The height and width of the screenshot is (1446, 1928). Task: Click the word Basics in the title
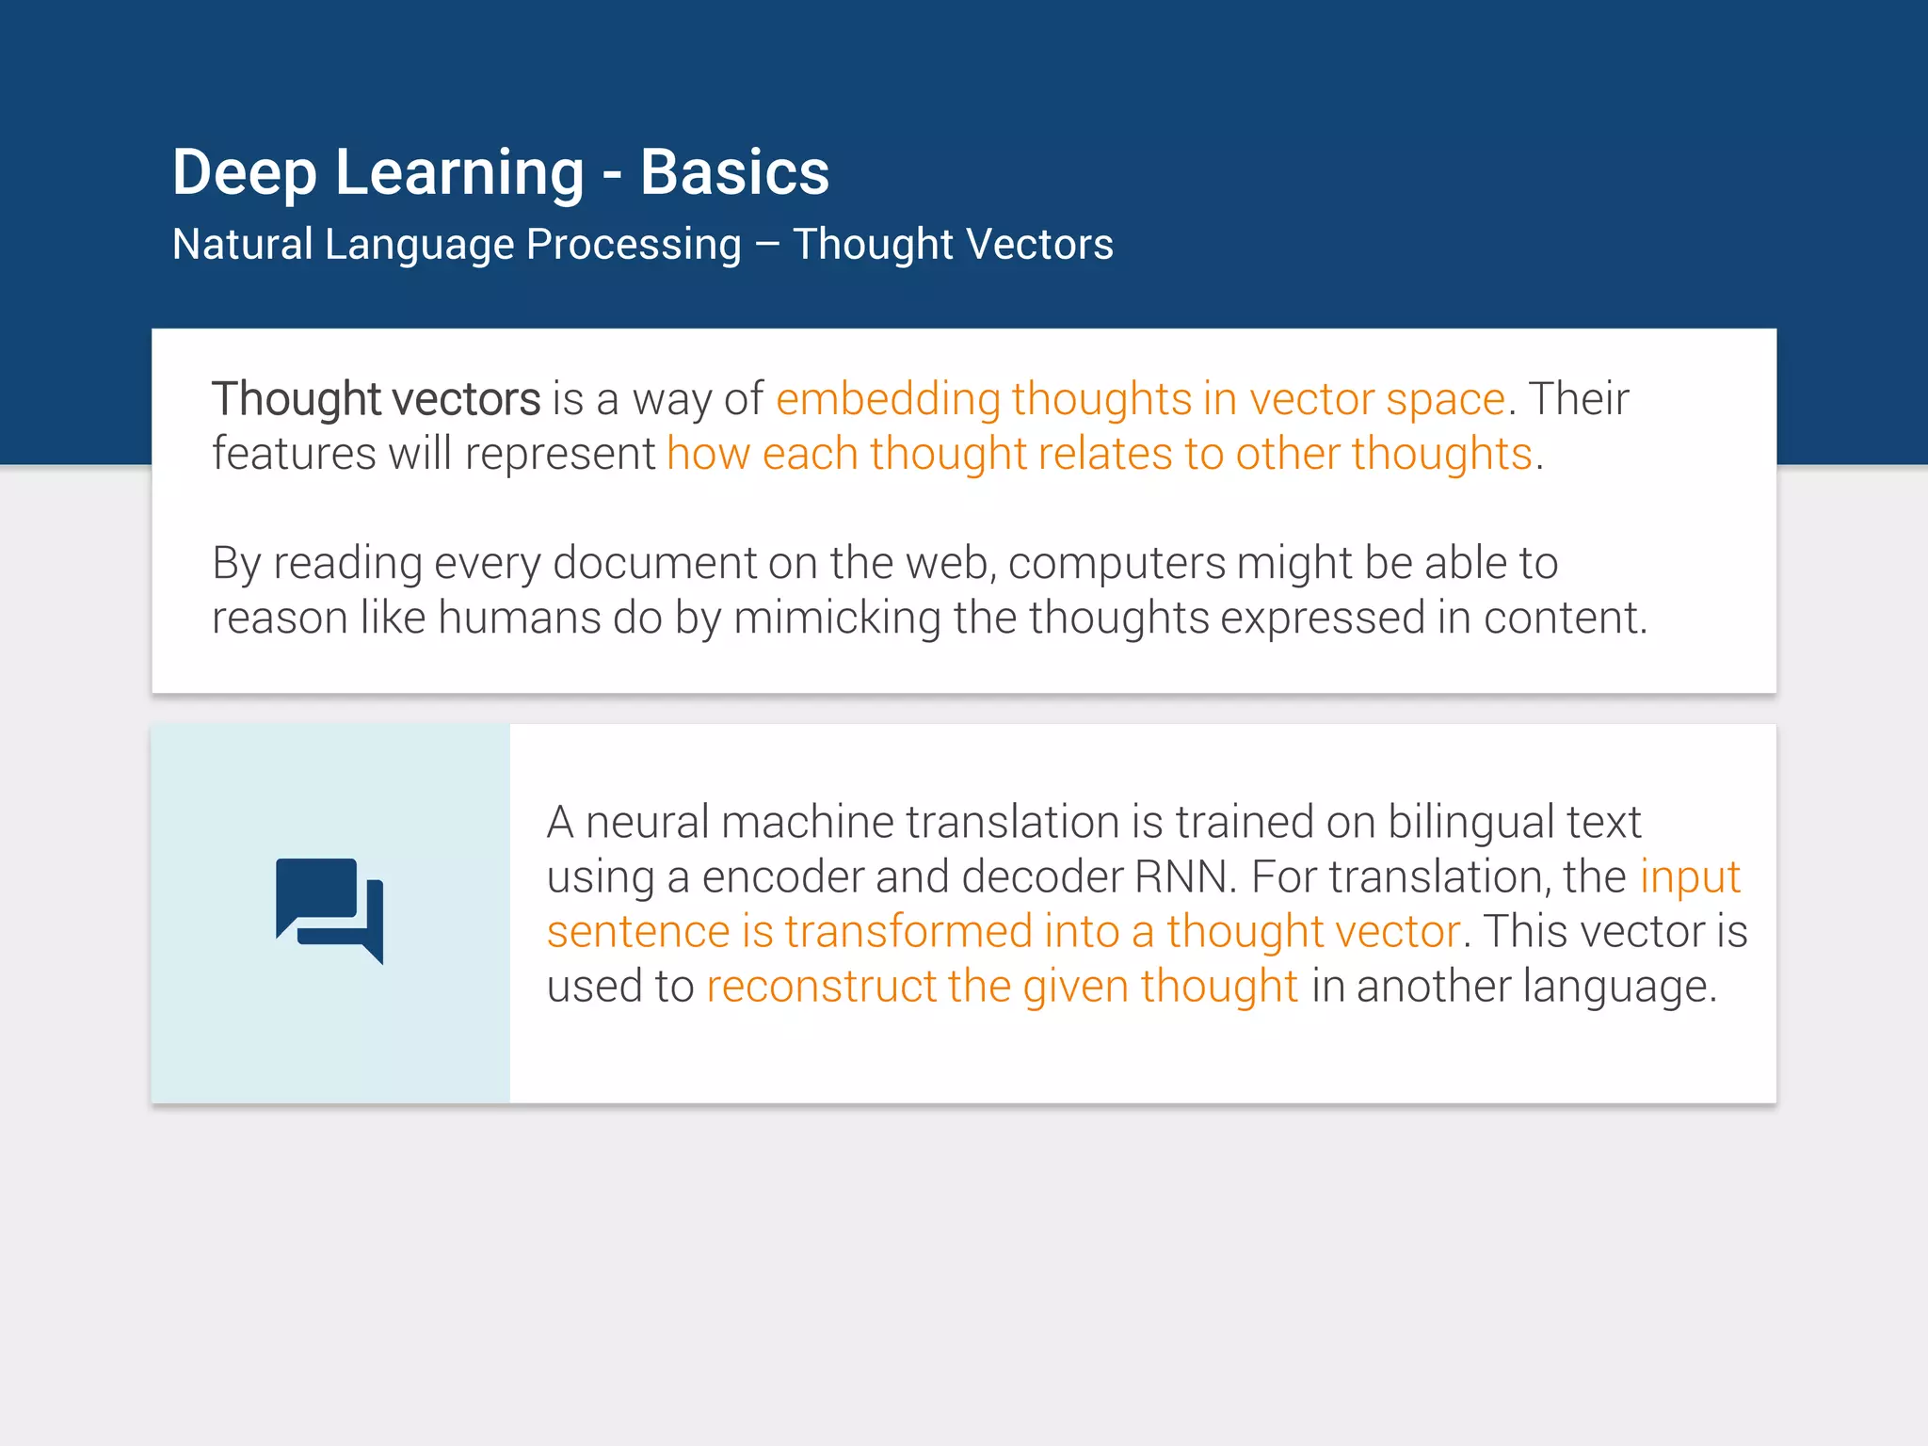click(734, 173)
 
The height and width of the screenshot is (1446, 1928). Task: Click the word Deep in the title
click(245, 173)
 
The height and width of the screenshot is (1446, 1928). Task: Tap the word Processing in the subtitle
click(633, 245)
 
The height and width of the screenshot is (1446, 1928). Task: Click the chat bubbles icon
click(329, 910)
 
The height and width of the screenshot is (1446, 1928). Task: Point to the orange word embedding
click(887, 399)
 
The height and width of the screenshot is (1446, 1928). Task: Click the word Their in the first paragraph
click(1578, 399)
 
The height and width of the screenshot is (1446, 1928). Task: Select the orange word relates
click(1104, 454)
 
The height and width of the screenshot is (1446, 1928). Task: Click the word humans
click(519, 619)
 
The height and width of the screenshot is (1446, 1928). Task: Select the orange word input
click(1689, 876)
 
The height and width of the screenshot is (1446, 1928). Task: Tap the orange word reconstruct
click(821, 987)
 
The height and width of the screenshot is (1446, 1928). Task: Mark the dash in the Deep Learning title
click(612, 175)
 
